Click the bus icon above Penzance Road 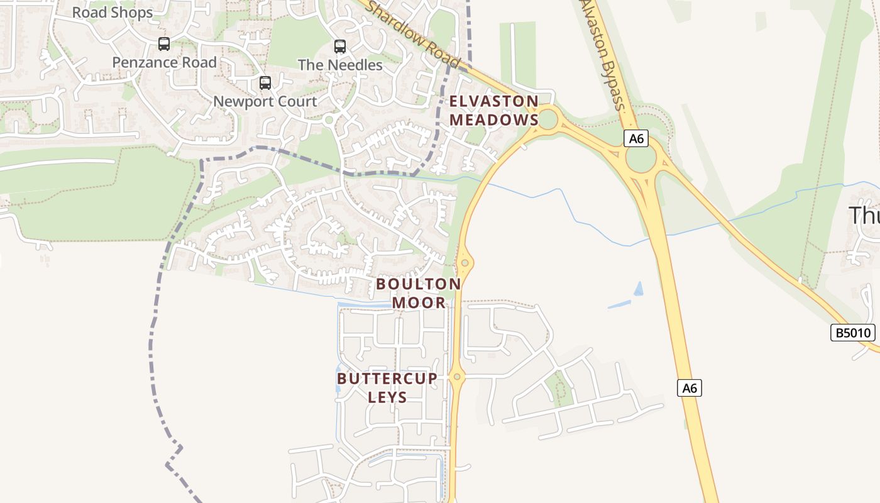[x=164, y=44]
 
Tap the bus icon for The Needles [x=340, y=47]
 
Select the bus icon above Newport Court [x=265, y=83]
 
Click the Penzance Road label [x=164, y=62]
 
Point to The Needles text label [x=340, y=65]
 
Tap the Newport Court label [x=265, y=101]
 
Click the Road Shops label [x=112, y=13]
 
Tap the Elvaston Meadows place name [x=494, y=111]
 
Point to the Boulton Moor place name [x=419, y=293]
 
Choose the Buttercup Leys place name [x=387, y=387]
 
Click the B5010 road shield [x=853, y=333]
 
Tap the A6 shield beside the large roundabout [x=636, y=138]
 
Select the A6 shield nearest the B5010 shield [x=690, y=388]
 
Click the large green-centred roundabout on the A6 [x=641, y=158]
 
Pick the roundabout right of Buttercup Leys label [x=457, y=377]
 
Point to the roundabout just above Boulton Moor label [x=465, y=263]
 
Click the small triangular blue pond [x=639, y=289]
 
